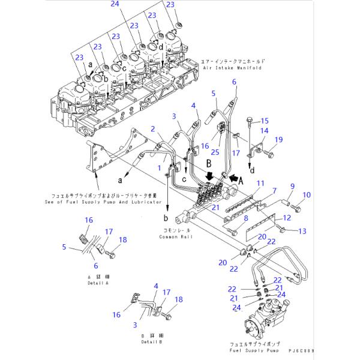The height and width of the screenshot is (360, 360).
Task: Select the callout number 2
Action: click(153, 129)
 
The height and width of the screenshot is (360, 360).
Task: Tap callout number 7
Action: click(274, 190)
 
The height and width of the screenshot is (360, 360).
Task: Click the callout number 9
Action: click(293, 187)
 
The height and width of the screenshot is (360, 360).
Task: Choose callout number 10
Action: click(307, 195)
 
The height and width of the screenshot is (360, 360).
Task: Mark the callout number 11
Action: click(260, 182)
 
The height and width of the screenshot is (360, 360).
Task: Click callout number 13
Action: click(302, 230)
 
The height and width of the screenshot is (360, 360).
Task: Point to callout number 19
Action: click(278, 140)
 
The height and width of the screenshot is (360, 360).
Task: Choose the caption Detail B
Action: click(150, 341)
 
